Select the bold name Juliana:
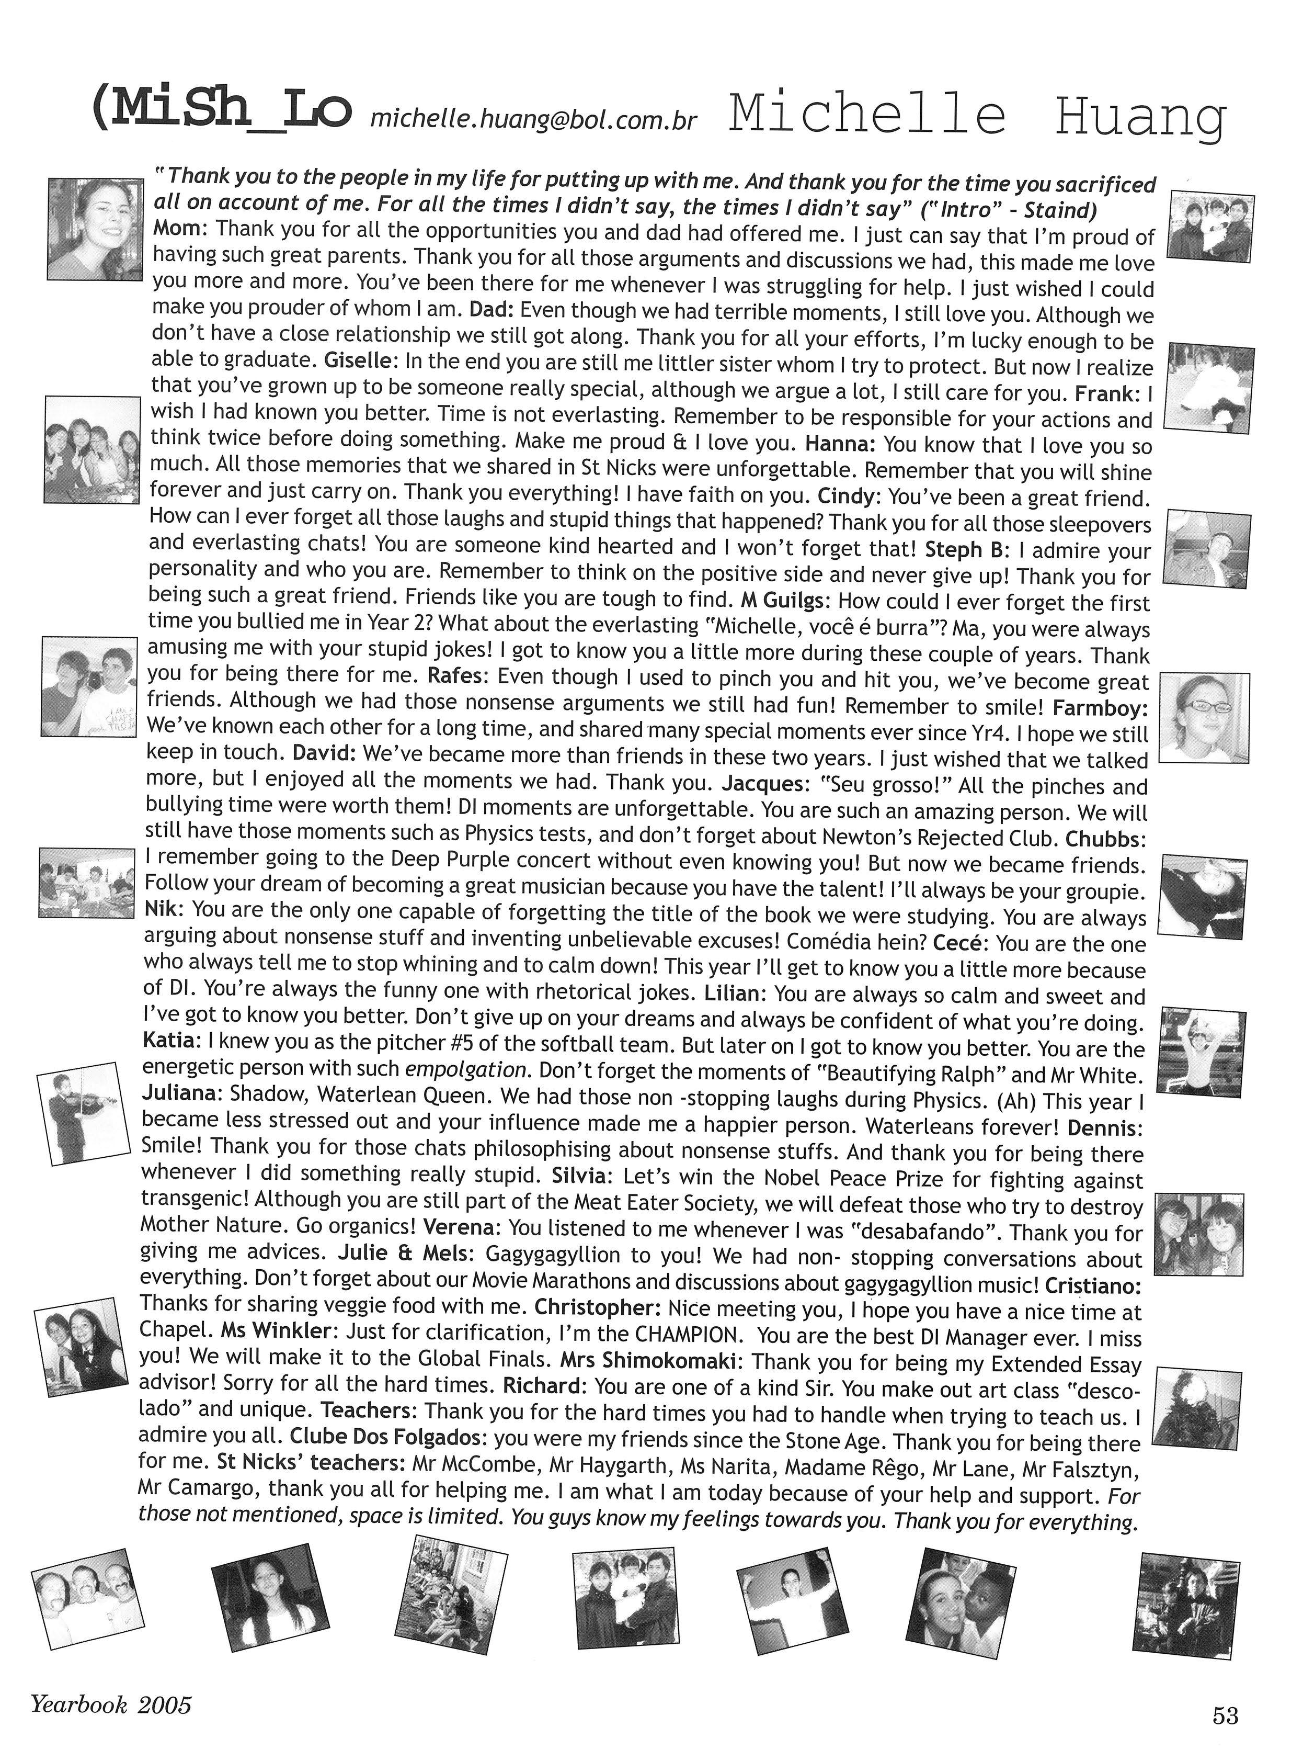click(181, 1095)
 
